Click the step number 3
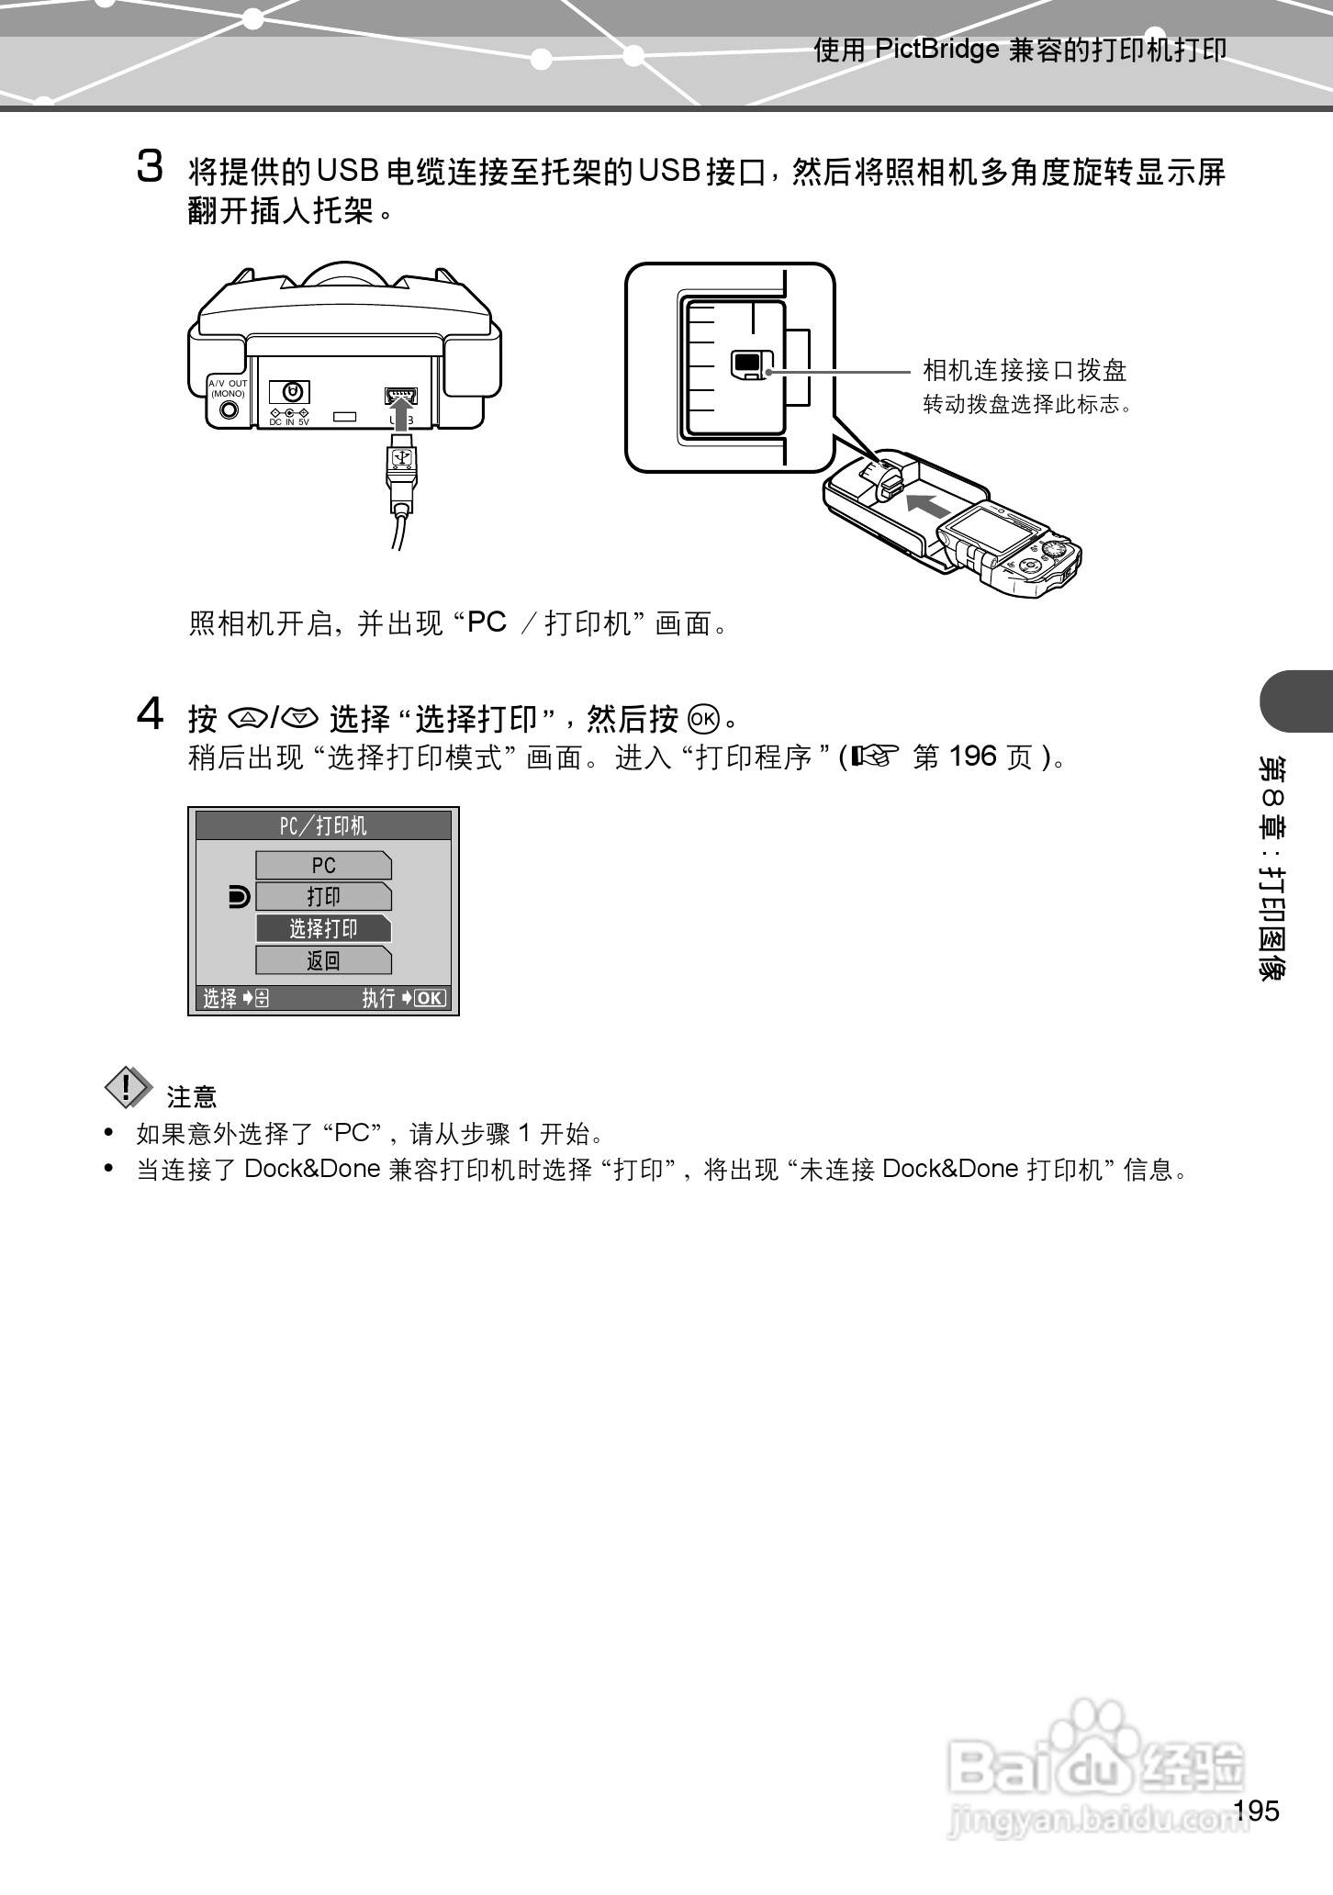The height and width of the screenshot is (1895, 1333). click(x=150, y=168)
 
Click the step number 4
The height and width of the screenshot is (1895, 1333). click(x=150, y=714)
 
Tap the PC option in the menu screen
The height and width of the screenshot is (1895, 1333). click(x=323, y=865)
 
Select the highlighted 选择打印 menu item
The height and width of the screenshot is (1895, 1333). click(x=323, y=928)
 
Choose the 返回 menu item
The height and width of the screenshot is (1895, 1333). click(x=323, y=960)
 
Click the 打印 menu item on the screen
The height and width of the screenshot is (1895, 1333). click(x=323, y=896)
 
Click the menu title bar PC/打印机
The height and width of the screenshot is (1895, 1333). click(x=323, y=825)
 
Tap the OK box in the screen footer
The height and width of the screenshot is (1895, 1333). click(x=430, y=998)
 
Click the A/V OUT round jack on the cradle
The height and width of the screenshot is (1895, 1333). click(x=229, y=409)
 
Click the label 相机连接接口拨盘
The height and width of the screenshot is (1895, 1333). click(x=1025, y=371)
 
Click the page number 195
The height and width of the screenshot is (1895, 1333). click(x=1256, y=1811)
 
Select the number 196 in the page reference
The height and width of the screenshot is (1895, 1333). click(x=972, y=757)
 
